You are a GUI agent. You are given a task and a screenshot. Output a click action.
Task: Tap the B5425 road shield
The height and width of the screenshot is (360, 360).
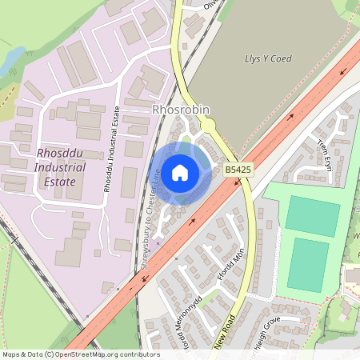click(x=238, y=170)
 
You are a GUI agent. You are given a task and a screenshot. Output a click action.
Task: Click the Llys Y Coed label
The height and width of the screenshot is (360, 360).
click(x=267, y=58)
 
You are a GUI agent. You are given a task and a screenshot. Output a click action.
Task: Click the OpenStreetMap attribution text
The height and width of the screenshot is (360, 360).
click(x=80, y=354)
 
